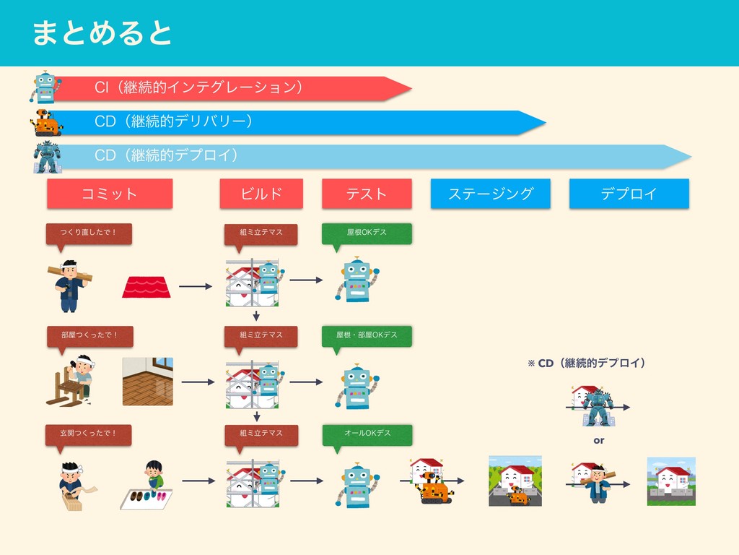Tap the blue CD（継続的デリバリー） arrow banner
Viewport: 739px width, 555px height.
tap(289, 122)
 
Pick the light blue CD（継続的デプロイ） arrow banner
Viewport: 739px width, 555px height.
tap(361, 155)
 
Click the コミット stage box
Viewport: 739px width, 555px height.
tap(110, 194)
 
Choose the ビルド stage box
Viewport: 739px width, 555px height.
tap(261, 194)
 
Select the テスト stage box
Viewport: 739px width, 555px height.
tap(367, 194)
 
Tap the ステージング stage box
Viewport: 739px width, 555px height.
tap(490, 194)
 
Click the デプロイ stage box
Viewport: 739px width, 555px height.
tap(629, 194)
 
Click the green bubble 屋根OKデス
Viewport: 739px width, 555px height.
tap(367, 233)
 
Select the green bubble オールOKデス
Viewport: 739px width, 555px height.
tap(367, 434)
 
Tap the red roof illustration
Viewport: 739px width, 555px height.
tap(147, 287)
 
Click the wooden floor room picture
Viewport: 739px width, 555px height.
tap(148, 381)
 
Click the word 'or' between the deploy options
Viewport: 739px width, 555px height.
tap(598, 440)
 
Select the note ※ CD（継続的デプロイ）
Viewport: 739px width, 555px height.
tap(585, 362)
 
